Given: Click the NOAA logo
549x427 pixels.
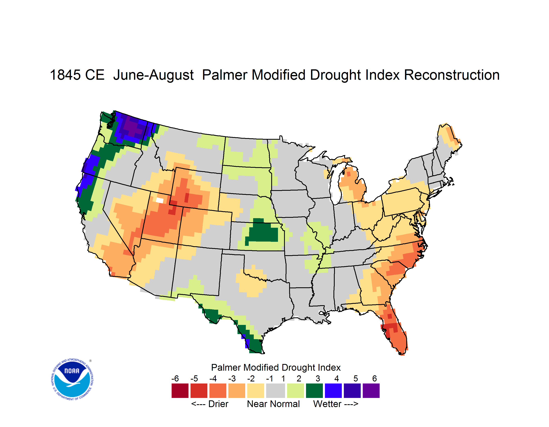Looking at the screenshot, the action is (72, 379).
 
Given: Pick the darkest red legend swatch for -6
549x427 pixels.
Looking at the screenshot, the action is (180, 391).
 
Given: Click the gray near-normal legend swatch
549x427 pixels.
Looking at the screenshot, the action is (276, 391).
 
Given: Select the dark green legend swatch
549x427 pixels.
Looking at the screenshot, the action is (314, 391).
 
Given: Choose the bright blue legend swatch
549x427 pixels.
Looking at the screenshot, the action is (333, 391).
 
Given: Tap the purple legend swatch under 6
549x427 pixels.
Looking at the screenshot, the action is (371, 391).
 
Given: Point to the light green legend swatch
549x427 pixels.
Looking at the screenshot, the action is (295, 391).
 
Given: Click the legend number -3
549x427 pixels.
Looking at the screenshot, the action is (232, 378).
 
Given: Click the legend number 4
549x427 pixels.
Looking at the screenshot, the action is (337, 378).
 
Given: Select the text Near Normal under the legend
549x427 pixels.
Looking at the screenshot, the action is (273, 404).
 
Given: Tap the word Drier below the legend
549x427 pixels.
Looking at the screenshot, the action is (218, 404).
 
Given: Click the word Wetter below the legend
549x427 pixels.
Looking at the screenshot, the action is (327, 404).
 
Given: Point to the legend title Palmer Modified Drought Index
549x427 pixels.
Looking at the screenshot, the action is (276, 367).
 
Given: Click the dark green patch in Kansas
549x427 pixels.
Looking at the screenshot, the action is (263, 232).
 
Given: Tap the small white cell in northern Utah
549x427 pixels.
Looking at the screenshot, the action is (160, 200).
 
